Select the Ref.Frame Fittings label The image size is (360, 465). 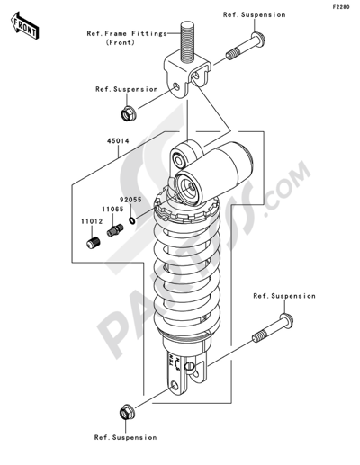pos(126,38)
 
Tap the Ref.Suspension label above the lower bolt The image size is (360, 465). pos(284,295)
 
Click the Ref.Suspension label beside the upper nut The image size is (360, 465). pos(127,89)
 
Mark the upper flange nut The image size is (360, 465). pos(130,114)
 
